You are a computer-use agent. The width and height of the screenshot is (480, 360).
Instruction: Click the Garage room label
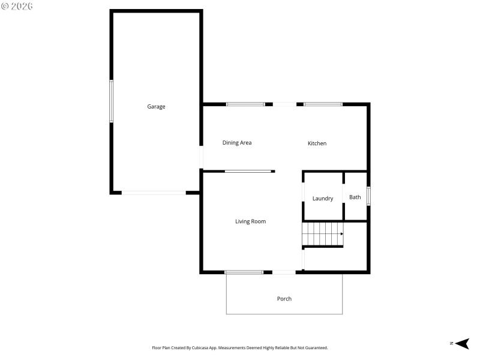(x=156, y=107)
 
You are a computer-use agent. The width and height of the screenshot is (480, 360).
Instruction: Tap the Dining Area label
(x=237, y=143)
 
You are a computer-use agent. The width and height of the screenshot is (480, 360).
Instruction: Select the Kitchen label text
(x=317, y=143)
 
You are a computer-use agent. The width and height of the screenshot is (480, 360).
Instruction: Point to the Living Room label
(x=250, y=221)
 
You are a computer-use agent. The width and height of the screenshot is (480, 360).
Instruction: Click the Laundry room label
(x=323, y=199)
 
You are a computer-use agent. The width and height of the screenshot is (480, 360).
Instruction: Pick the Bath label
(x=355, y=197)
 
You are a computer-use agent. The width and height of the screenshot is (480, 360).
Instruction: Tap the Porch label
(x=284, y=299)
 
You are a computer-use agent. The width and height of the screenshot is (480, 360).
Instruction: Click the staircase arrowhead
(x=341, y=234)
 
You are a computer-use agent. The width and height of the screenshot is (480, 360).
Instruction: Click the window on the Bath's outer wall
(x=368, y=196)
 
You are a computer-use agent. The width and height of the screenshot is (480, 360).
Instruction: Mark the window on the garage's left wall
(x=111, y=101)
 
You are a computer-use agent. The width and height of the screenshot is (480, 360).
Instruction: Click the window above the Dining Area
(x=245, y=104)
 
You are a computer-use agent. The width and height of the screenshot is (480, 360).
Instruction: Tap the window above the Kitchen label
(x=323, y=104)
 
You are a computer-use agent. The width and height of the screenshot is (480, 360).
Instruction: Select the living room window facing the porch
(x=244, y=272)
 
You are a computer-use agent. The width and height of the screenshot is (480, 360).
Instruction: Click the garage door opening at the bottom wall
(x=154, y=193)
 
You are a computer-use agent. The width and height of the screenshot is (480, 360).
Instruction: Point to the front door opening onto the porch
(x=284, y=272)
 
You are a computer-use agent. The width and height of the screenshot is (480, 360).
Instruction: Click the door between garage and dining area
(x=202, y=157)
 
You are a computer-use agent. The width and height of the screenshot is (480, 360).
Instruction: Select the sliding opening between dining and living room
(x=248, y=172)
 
